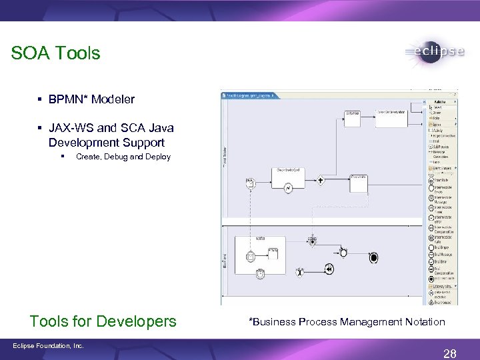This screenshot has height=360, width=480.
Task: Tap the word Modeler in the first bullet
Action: point(113,99)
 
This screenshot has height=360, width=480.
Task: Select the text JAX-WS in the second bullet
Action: point(69,127)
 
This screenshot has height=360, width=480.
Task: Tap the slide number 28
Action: point(449,353)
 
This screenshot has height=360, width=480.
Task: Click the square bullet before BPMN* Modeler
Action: point(41,99)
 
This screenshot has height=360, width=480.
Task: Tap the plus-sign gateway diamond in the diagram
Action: point(321,180)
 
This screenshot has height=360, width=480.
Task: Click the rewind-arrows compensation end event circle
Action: point(329,269)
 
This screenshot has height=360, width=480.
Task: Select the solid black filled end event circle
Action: point(373,258)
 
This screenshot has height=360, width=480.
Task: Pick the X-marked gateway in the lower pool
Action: point(299,272)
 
